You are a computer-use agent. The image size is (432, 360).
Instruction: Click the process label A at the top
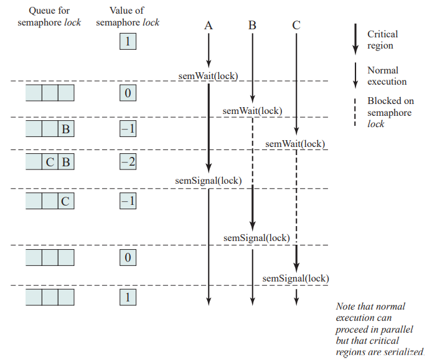tap(209, 26)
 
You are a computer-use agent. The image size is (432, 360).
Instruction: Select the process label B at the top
tap(252, 26)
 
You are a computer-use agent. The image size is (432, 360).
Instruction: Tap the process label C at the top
tap(296, 26)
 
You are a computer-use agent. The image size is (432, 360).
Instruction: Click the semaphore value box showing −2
tap(128, 161)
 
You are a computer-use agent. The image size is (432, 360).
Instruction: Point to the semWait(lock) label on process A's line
tap(208, 76)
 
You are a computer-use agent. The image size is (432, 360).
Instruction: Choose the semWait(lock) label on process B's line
tap(252, 111)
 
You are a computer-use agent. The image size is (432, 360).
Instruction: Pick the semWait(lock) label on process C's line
tap(295, 144)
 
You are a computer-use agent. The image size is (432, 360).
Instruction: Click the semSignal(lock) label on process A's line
tap(209, 181)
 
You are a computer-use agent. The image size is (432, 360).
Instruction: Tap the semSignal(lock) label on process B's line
tap(256, 238)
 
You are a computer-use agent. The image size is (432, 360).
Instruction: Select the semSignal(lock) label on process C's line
tap(296, 278)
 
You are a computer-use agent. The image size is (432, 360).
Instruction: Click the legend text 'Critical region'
tap(383, 40)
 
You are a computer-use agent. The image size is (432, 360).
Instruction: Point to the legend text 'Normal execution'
tap(387, 76)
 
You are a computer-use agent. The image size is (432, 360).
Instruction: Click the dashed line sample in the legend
tap(355, 113)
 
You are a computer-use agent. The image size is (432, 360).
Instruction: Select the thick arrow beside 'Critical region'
tap(355, 39)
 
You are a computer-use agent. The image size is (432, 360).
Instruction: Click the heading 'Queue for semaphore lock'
tap(49, 17)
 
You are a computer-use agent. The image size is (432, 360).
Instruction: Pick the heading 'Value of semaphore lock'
tap(128, 17)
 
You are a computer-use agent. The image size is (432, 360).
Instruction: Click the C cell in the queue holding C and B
tap(50, 161)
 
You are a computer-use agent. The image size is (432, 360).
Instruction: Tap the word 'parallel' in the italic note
tap(398, 329)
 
